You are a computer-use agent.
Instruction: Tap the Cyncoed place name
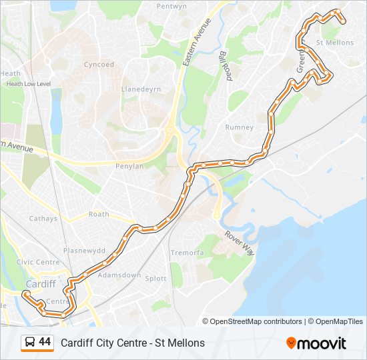(99, 65)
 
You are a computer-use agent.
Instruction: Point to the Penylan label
(129, 166)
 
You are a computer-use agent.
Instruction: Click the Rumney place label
(240, 127)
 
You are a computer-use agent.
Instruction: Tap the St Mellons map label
(334, 43)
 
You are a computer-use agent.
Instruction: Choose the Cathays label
(44, 219)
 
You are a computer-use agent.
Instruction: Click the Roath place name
(99, 215)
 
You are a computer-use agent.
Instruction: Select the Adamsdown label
(119, 275)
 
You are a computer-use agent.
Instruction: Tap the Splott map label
(155, 279)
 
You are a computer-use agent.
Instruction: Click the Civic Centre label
(38, 263)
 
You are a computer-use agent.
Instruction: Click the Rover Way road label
(239, 243)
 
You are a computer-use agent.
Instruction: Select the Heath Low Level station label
(29, 84)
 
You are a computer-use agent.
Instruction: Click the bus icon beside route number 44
(30, 343)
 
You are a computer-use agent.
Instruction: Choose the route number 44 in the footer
(45, 342)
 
